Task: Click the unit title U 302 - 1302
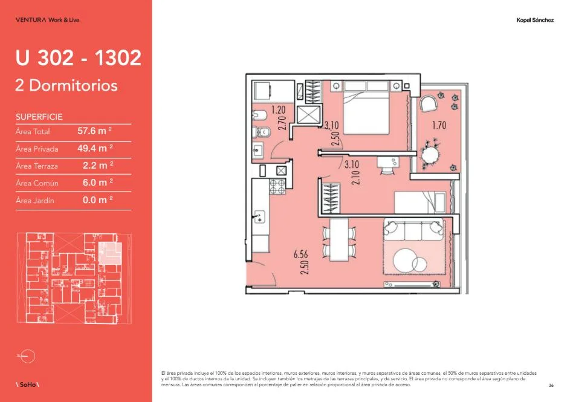78,57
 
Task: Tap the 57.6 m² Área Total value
94,131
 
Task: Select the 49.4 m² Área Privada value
95,148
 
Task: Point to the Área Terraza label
37,166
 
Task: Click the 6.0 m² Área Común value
97,183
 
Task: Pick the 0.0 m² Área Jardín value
97,200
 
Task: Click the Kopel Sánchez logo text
535,20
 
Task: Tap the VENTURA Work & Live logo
47,20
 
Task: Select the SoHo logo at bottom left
28,384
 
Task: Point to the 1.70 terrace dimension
439,125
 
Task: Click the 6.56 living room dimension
300,254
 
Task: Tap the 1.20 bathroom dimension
278,109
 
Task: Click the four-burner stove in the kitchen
277,186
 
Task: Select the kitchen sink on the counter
259,218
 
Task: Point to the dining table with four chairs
339,239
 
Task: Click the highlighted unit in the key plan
110,252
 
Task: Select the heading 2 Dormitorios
66,85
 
